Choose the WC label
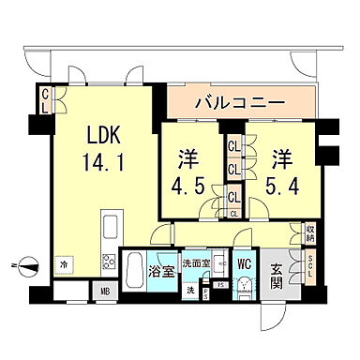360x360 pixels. (x=242, y=264)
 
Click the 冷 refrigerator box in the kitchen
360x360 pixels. (x=64, y=265)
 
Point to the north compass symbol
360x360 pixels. (x=28, y=264)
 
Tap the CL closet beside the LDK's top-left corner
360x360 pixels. (x=44, y=99)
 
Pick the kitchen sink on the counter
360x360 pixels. (x=108, y=228)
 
